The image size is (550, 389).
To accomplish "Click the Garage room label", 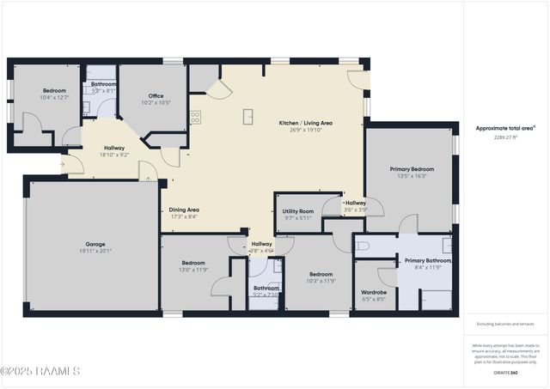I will [95, 244].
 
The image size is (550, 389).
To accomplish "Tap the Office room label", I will [156, 95].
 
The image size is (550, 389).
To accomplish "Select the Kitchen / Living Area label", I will [305, 123].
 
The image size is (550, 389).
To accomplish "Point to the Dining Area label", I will [184, 210].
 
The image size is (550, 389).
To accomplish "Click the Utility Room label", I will [297, 210].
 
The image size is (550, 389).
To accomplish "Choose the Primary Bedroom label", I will [410, 169].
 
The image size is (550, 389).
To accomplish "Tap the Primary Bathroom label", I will [428, 260].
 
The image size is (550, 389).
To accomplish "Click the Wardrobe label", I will [374, 292].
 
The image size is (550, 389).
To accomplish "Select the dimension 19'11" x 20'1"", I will [95, 251].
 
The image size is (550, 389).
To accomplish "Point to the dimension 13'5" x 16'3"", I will [410, 176].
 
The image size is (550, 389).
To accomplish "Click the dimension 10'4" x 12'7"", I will [55, 97].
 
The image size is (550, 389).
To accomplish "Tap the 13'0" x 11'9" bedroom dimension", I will [193, 270].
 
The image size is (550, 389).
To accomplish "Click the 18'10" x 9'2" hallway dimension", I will [114, 155].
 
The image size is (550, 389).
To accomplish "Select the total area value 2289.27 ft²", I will [505, 137].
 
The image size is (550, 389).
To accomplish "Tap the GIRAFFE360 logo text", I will [505, 373].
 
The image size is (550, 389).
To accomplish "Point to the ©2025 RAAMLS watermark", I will [40, 371].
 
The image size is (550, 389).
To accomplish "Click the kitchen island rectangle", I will [248, 117].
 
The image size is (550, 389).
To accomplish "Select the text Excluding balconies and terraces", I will [505, 324].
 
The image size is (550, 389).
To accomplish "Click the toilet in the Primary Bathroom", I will [362, 246].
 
